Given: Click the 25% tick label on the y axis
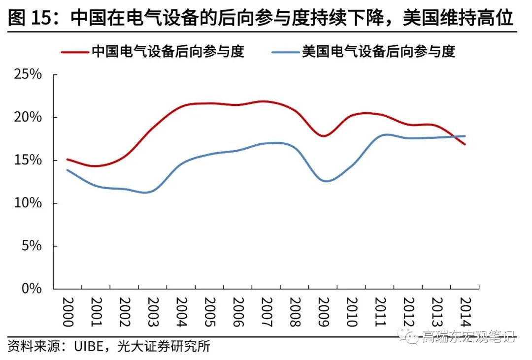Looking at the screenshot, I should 28,75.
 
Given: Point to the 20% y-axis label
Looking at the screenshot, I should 28,118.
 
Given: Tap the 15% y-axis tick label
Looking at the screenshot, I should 28,161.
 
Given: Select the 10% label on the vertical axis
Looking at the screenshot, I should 28,203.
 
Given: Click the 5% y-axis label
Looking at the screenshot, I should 32,246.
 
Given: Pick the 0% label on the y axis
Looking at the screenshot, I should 32,289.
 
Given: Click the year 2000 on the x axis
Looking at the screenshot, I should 67,312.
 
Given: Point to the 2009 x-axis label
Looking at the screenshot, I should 323,312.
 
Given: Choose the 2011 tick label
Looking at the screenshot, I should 380,312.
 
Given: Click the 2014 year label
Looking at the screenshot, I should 465,312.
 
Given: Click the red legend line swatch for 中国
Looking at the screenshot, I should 74,51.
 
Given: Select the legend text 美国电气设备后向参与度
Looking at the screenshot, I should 378,51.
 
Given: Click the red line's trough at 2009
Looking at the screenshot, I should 324,136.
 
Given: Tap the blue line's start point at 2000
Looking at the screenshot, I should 67,170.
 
